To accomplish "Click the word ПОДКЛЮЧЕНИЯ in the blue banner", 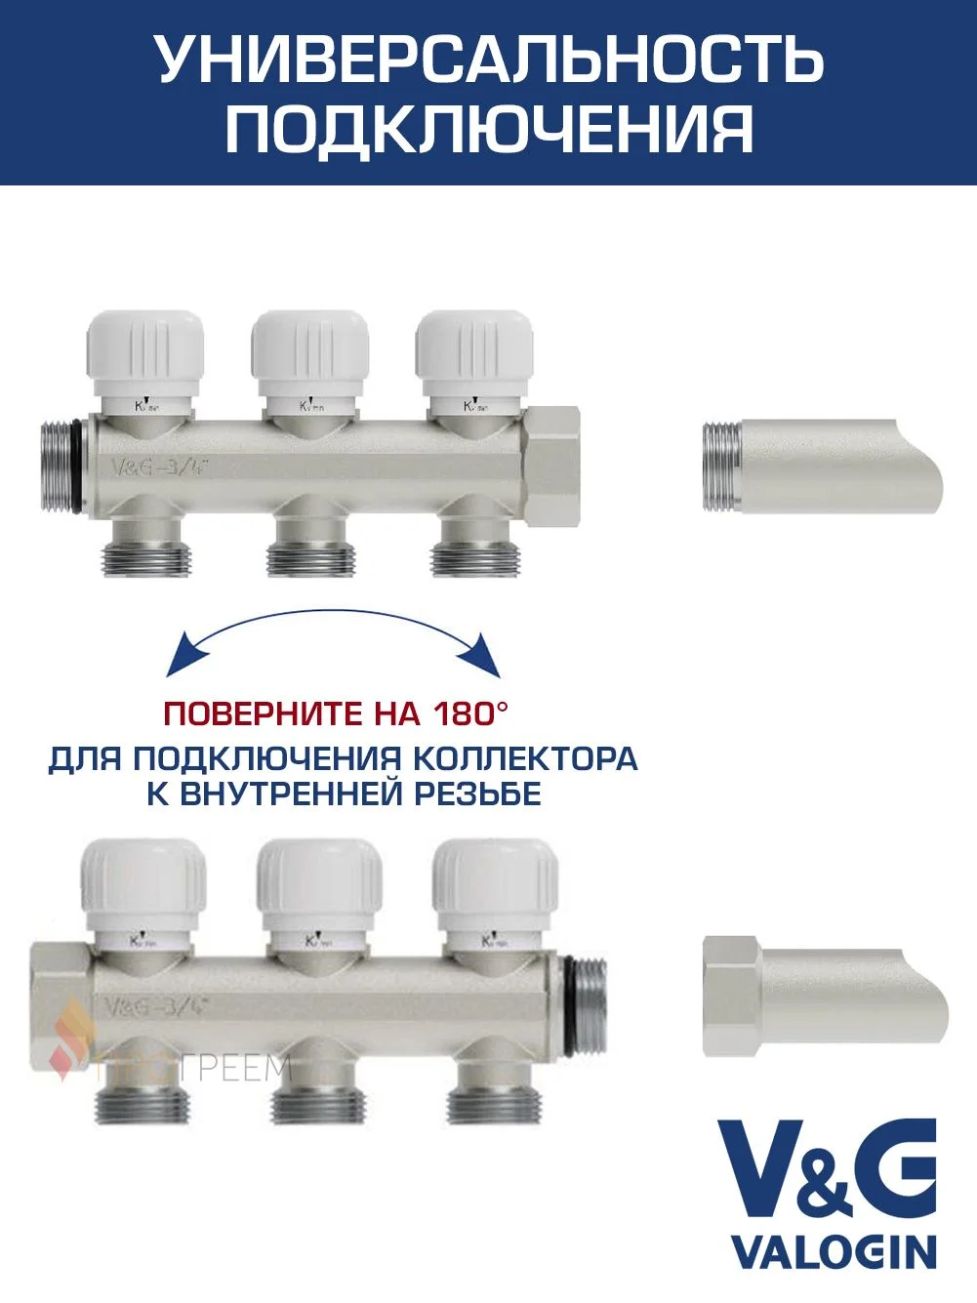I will pos(489,129).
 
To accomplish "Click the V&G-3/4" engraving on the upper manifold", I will pos(161,467).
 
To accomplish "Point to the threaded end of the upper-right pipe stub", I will pos(721,467).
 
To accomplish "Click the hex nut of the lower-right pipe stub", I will pos(731,995).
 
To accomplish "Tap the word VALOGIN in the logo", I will pos(834,1251).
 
